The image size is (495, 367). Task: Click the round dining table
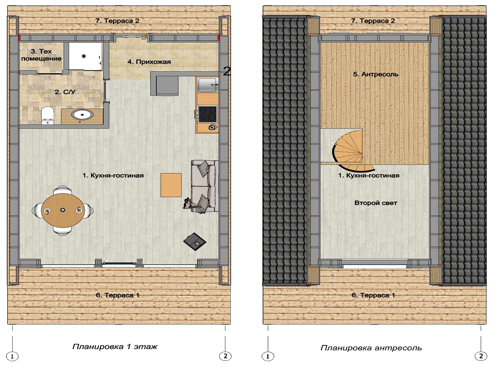62,210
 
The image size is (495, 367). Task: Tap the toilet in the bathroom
48,115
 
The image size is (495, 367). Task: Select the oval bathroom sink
82,115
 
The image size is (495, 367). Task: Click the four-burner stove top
208,114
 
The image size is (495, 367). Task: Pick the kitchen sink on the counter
208,85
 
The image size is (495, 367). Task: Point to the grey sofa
204,186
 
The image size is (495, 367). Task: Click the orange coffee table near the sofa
171,185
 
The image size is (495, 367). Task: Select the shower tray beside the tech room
85,56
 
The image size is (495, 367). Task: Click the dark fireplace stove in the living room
195,241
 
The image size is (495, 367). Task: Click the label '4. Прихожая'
149,62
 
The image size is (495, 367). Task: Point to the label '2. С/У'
65,92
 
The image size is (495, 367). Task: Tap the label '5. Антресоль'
375,74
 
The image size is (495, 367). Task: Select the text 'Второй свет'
375,203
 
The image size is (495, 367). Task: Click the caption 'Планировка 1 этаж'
115,347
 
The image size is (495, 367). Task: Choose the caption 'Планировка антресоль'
371,348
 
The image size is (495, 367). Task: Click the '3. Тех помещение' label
42,55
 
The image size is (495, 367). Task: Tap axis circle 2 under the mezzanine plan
481,356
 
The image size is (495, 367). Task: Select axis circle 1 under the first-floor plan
12,356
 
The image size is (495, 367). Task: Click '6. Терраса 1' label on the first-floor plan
118,295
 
